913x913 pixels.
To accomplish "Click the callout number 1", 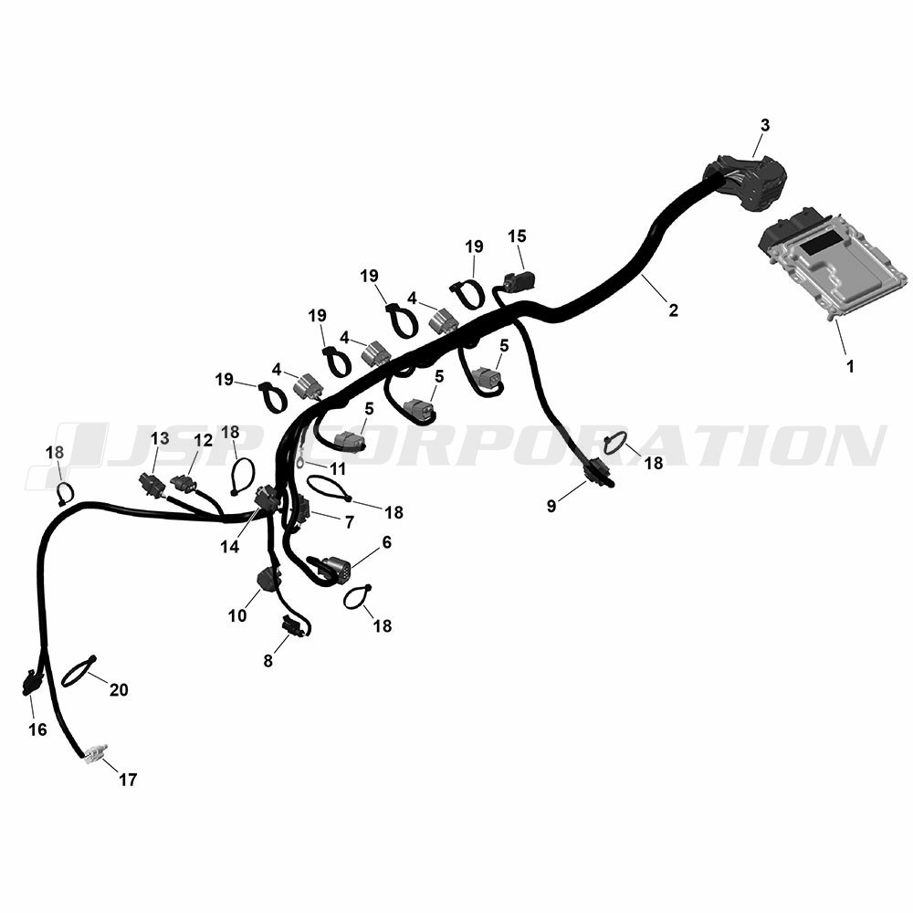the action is point(850,366).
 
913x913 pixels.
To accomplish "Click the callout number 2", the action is point(674,310).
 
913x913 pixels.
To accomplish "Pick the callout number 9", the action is point(551,506).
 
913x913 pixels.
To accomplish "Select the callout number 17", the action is point(128,779).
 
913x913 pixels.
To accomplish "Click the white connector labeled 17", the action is point(96,753).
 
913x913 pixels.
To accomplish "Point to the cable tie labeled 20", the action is point(79,670).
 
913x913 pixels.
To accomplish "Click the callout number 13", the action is point(160,438).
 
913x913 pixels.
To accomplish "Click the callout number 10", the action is point(237,615).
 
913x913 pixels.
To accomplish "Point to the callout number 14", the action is point(230,547).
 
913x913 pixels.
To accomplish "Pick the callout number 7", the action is point(350,522).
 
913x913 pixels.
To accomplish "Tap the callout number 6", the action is point(386,542).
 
